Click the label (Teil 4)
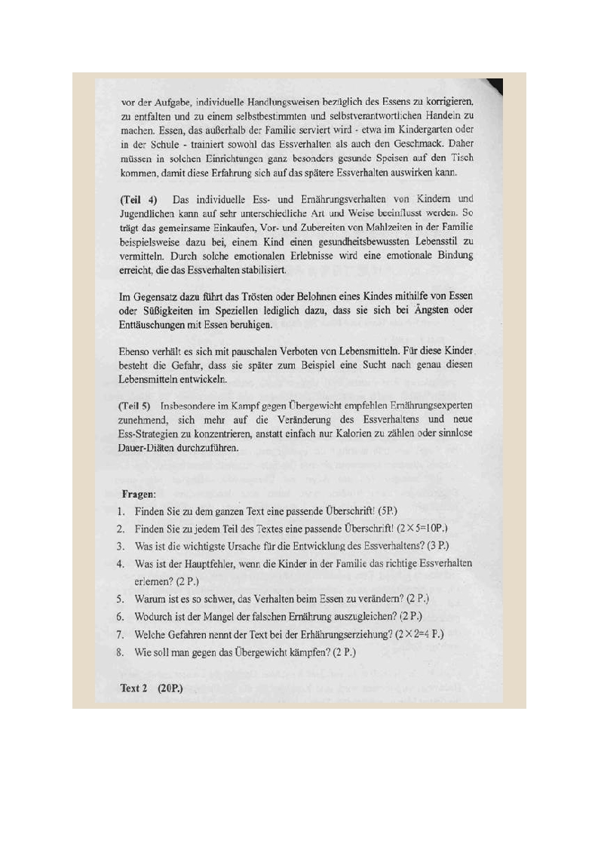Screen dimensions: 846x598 point(139,199)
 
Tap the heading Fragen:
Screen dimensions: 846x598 point(140,495)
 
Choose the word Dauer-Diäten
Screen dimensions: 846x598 point(153,447)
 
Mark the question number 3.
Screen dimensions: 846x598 point(120,546)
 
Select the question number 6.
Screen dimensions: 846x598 point(120,617)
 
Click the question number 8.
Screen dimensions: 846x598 point(120,651)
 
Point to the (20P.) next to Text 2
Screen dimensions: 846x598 point(171,688)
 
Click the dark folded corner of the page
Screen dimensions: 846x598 point(495,85)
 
